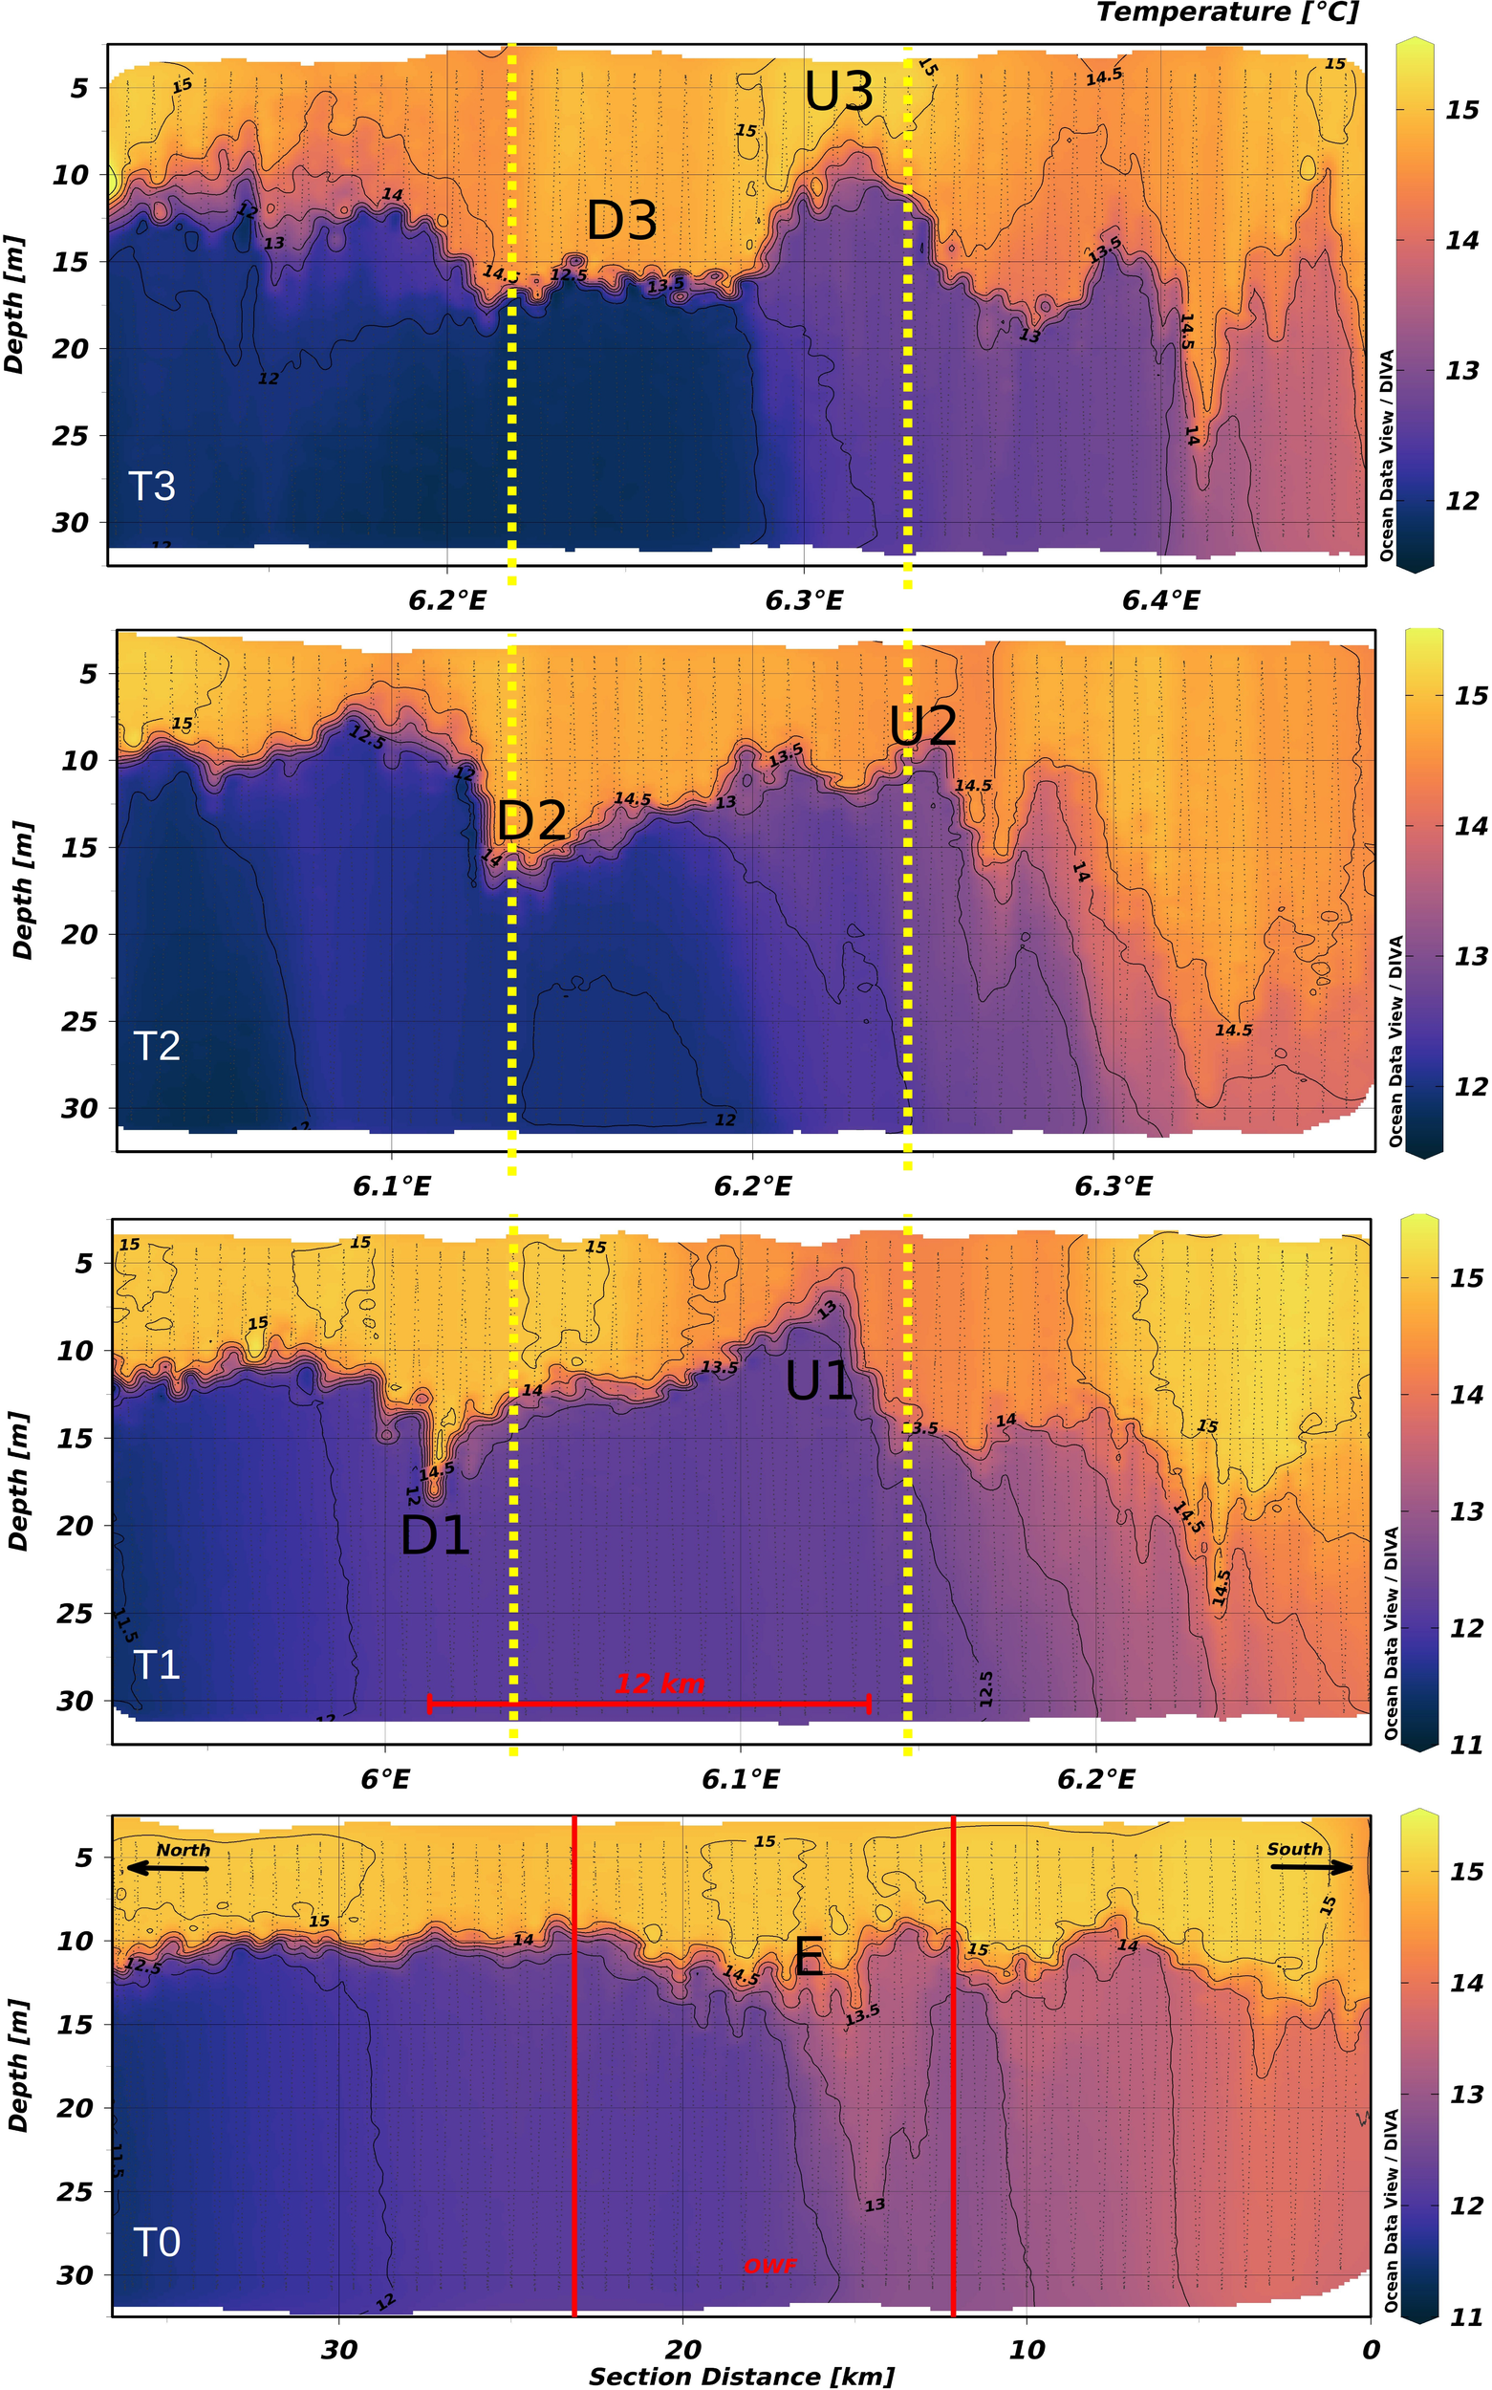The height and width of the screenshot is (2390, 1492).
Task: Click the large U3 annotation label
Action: [839, 92]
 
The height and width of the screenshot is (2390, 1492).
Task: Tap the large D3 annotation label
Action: [621, 219]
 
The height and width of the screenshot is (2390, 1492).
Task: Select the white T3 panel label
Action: [152, 487]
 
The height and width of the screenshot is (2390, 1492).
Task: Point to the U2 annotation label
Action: [922, 727]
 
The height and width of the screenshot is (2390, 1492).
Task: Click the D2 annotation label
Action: [531, 820]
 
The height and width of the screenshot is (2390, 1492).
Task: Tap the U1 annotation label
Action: [819, 1380]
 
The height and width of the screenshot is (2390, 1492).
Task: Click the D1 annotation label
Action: [434, 1534]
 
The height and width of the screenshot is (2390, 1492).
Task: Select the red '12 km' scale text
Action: [660, 1683]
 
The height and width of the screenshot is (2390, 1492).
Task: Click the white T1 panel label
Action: [157, 1664]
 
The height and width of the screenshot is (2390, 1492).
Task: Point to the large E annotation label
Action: [810, 1956]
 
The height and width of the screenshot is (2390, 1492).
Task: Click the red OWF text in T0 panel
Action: [769, 2266]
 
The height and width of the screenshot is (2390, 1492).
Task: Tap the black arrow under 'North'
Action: [168, 1867]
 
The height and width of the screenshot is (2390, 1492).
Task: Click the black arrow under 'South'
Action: [1310, 1866]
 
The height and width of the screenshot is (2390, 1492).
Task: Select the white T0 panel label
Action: [157, 2243]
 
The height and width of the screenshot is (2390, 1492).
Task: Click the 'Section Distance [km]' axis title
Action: [741, 2377]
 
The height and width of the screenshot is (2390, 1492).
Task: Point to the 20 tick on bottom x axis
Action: [681, 2350]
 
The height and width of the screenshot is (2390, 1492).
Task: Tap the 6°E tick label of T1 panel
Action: [385, 1778]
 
